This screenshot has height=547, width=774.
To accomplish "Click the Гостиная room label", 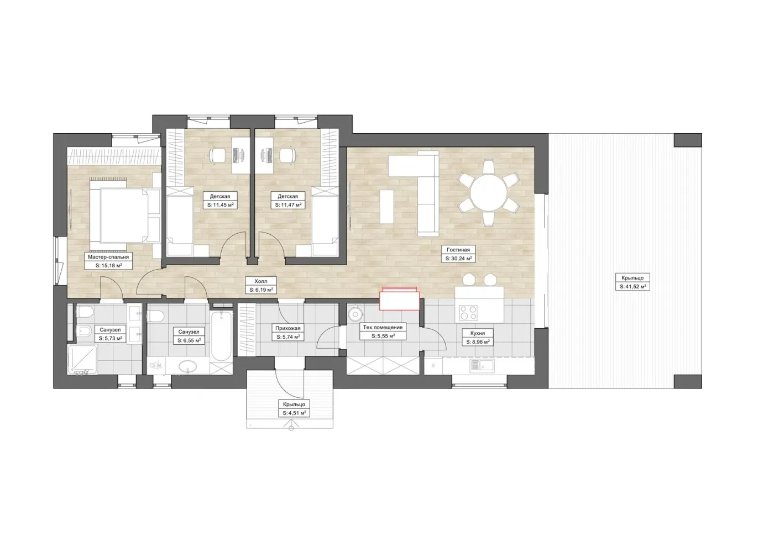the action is tap(458, 250).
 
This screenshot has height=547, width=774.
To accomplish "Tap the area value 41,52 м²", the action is tap(632, 286).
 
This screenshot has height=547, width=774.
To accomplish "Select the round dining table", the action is tap(488, 192).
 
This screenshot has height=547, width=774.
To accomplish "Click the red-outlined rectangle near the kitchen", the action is tap(399, 299).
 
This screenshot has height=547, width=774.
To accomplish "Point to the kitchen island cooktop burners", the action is tap(468, 313).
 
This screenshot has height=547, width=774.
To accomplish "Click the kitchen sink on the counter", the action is tap(482, 366).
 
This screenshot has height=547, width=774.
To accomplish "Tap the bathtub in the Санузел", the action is tap(221, 335).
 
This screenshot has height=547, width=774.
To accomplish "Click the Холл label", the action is tap(261, 281).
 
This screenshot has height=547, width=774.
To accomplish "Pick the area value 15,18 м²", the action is tap(109, 266).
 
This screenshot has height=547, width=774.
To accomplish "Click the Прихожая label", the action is tap(288, 328).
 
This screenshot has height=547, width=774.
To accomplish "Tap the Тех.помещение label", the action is tap(383, 327).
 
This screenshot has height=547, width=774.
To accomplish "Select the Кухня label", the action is tap(478, 333).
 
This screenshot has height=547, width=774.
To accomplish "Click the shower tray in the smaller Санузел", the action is tap(82, 360).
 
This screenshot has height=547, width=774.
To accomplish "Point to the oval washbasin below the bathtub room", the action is tap(187, 366).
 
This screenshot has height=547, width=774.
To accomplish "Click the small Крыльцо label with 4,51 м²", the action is tap(294, 404).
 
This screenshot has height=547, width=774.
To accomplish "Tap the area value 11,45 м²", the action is tap(221, 205).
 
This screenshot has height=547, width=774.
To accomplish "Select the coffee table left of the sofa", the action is tap(386, 206).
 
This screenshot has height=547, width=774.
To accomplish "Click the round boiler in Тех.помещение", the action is tap(355, 314).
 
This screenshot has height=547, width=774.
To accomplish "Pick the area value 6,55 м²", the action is tap(189, 340).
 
